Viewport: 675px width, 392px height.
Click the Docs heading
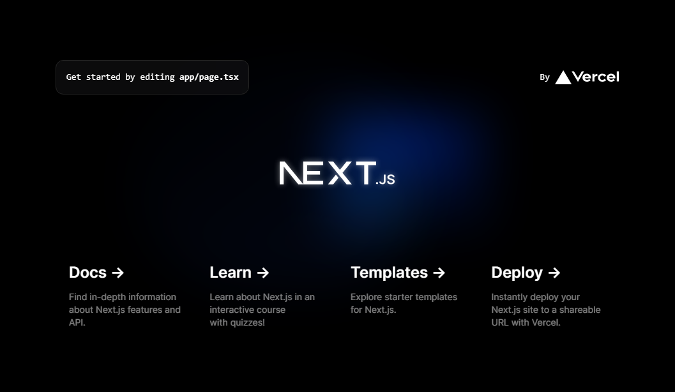87,273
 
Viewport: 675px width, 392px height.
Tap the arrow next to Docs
118,273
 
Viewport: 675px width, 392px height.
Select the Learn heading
231,273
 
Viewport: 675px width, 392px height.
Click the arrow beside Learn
263,273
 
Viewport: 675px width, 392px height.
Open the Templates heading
389,273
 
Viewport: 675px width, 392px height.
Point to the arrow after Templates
439,273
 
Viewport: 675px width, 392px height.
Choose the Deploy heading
517,273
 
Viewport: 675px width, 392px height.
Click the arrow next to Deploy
554,273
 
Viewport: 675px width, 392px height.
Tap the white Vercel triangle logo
563,77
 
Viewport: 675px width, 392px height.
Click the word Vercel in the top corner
596,77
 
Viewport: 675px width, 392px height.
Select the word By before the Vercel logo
545,77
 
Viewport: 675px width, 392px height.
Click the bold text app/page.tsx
209,77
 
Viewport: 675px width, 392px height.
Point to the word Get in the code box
73,77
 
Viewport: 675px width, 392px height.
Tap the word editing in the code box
157,77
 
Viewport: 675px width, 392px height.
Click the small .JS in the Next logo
385,179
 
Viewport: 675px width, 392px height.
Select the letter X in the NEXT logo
340,173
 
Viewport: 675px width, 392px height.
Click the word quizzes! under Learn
248,322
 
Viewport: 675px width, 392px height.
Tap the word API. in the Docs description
77,322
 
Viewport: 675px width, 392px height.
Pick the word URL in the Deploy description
500,322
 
